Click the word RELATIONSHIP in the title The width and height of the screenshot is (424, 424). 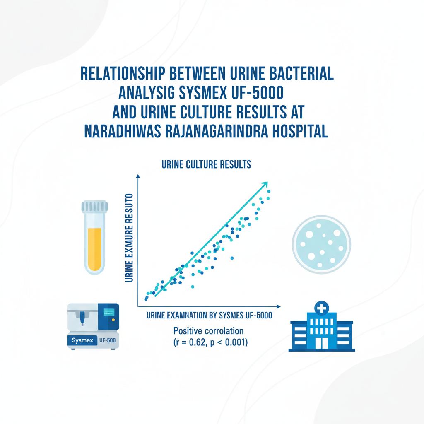(x=123, y=73)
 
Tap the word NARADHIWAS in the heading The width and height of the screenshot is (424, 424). (x=122, y=131)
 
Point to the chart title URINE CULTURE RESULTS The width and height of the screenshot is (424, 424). (x=206, y=164)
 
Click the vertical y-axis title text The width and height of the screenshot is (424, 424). (x=129, y=238)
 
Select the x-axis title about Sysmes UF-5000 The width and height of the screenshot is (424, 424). (x=209, y=315)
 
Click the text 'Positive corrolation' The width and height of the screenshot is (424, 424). (x=209, y=331)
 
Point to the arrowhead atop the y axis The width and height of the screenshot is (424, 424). (x=138, y=176)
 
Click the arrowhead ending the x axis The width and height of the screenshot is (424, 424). (x=279, y=306)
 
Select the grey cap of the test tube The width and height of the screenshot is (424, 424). (x=95, y=206)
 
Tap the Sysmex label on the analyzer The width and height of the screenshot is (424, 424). (x=82, y=340)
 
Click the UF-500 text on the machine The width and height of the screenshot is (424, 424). (x=107, y=340)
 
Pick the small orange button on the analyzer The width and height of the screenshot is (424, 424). (x=113, y=320)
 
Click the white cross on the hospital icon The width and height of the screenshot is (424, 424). (x=321, y=308)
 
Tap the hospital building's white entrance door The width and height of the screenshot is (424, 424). (x=321, y=343)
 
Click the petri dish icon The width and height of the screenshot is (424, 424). (x=321, y=244)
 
